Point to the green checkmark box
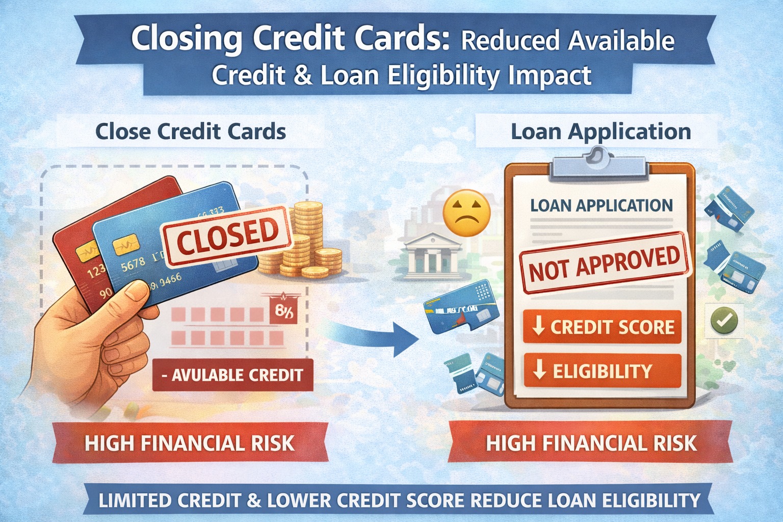click(724, 321)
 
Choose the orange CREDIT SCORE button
click(603, 327)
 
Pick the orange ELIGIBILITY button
click(603, 371)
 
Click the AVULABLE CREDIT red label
click(233, 375)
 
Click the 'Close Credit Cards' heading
click(191, 132)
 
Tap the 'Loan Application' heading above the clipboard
click(601, 132)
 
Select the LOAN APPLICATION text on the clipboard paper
click(602, 205)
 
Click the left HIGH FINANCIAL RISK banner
click(190, 443)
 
